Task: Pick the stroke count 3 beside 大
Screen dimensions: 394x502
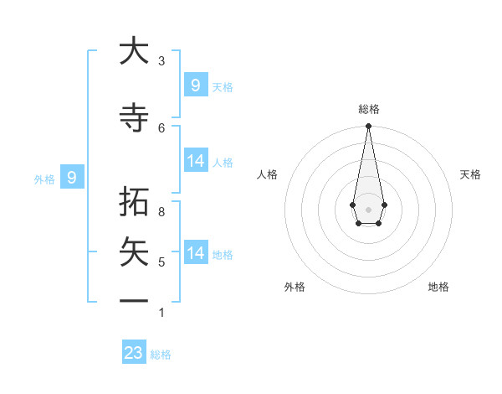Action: pyautogui.click(x=161, y=61)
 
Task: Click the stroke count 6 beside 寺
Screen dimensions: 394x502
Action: pyautogui.click(x=161, y=127)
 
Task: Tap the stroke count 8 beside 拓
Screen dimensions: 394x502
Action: pyautogui.click(x=161, y=212)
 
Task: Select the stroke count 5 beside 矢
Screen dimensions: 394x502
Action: pyautogui.click(x=161, y=262)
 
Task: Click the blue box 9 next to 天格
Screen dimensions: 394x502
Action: pyautogui.click(x=195, y=85)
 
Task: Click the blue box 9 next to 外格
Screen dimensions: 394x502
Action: pyautogui.click(x=72, y=178)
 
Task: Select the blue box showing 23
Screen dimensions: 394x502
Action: pyautogui.click(x=134, y=353)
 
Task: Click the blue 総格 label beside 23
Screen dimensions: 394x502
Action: pyautogui.click(x=161, y=355)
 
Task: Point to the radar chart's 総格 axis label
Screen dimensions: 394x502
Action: pyautogui.click(x=368, y=110)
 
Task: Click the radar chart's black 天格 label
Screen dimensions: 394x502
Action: pyautogui.click(x=470, y=174)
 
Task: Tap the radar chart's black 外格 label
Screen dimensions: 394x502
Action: pyautogui.click(x=295, y=287)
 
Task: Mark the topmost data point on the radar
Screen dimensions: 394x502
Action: pyautogui.click(x=368, y=127)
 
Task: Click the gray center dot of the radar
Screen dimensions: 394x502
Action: pyautogui.click(x=368, y=209)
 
